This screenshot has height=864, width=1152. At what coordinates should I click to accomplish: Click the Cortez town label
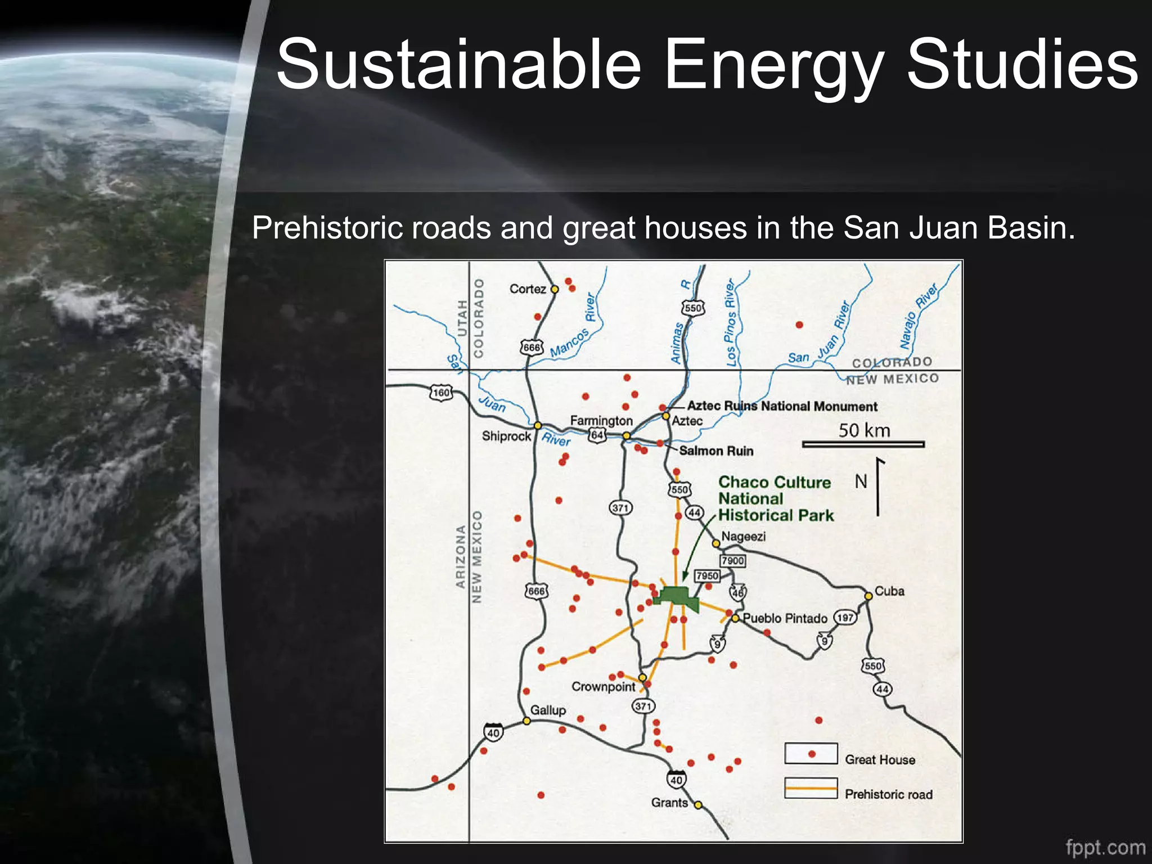(x=528, y=289)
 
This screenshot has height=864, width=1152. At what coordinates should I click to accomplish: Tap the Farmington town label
(x=601, y=421)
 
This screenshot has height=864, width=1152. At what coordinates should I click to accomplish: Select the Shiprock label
(x=506, y=436)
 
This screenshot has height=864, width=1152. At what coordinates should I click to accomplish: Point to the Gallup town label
(x=548, y=710)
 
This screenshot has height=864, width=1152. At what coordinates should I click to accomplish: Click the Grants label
(x=669, y=803)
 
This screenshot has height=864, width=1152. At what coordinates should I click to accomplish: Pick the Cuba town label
(x=889, y=591)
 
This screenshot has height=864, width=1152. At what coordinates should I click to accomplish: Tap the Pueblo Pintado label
(x=785, y=619)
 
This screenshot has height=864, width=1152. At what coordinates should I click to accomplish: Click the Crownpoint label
(x=603, y=687)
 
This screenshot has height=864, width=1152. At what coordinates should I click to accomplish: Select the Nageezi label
(x=743, y=537)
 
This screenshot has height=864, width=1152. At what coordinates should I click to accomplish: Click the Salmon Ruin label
(x=716, y=451)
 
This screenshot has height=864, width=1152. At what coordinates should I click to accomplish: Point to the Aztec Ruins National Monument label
(x=782, y=406)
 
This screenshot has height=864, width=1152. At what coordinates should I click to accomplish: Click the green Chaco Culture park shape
(x=677, y=597)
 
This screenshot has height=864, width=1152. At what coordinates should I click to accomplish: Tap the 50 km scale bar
(x=863, y=444)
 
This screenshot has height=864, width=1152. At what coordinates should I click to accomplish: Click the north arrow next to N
(x=878, y=487)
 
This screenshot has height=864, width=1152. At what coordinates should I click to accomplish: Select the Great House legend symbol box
(x=811, y=754)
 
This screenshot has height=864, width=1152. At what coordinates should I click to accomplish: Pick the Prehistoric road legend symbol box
(x=811, y=789)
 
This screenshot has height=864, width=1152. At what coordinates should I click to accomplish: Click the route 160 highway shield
(x=441, y=393)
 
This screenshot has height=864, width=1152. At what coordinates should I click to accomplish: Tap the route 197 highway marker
(x=845, y=618)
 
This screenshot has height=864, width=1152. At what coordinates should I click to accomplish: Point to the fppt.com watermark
(x=1105, y=847)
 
